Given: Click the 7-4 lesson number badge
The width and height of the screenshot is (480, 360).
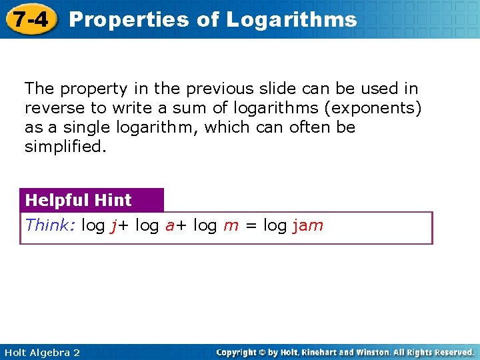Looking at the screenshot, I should (30, 19).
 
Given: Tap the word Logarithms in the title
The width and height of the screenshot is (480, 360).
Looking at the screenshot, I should (291, 19).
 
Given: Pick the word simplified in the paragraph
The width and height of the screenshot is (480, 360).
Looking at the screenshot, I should (64, 146).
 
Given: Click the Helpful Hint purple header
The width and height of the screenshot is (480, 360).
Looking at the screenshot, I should (79, 200).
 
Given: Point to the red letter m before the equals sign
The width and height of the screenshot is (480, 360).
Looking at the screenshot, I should (231, 225).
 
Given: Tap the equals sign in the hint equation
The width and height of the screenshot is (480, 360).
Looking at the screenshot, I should (251, 225).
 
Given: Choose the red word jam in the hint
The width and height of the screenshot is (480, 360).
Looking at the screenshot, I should (307, 225).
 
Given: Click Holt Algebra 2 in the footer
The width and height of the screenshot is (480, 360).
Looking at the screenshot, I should (41, 352).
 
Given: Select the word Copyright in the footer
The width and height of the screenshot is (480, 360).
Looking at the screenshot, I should (238, 352).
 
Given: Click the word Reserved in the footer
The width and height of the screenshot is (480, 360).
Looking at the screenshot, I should (451, 352).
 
